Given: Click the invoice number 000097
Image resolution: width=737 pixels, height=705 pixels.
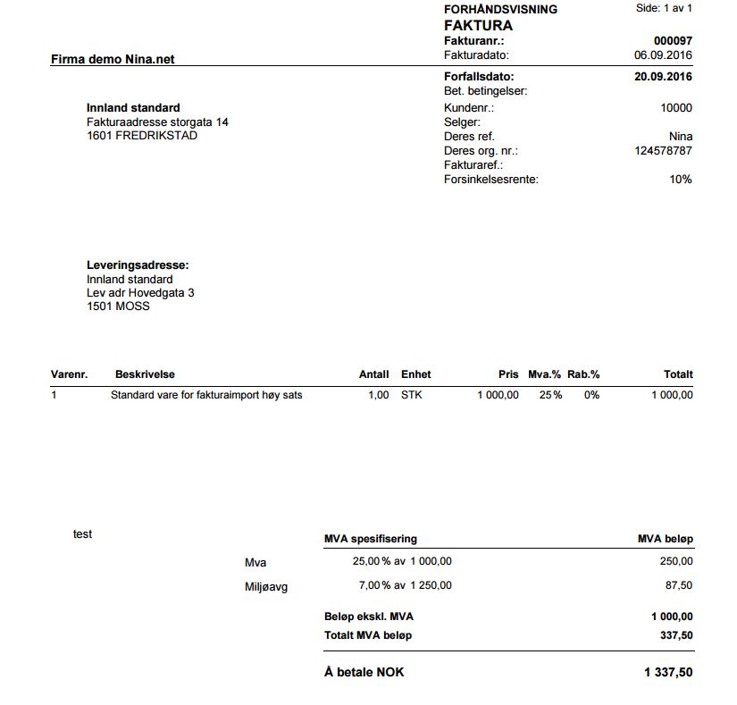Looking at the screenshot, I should tap(673, 41).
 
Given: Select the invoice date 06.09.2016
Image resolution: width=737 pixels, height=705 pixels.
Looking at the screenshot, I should tap(663, 55).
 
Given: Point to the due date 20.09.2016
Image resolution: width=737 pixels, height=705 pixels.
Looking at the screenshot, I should tap(663, 77).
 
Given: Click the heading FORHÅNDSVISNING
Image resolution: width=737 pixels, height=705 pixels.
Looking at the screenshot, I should tap(500, 9).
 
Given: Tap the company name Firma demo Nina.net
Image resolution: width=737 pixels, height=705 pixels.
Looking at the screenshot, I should tap(113, 60).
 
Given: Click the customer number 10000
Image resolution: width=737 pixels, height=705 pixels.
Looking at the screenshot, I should tap(676, 108).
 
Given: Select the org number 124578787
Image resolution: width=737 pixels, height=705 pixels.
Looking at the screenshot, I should tap(663, 151).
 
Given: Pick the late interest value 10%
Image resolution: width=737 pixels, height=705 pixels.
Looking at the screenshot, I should tap(681, 180).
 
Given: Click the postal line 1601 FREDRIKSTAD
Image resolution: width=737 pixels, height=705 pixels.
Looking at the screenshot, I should tap(142, 136).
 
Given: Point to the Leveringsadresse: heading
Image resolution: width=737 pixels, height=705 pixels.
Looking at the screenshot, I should tap(138, 265).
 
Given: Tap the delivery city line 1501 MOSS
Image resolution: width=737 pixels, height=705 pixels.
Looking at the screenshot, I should tap(118, 306).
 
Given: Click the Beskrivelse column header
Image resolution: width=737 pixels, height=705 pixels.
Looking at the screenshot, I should tap(145, 374).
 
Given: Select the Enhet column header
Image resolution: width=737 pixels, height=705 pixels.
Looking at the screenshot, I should tap(415, 374).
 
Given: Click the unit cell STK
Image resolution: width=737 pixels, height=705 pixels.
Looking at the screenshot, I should tap(411, 395).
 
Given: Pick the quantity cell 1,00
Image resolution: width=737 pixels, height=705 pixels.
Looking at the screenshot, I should tap(378, 395).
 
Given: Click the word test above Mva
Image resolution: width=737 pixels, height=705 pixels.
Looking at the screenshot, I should tap(82, 534).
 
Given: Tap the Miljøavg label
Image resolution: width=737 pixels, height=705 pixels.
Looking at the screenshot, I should tap(266, 587).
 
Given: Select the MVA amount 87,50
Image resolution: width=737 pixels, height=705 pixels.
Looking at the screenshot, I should tap(677, 586).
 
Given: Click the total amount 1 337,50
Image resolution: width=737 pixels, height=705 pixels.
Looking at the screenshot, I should tap(667, 672).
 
